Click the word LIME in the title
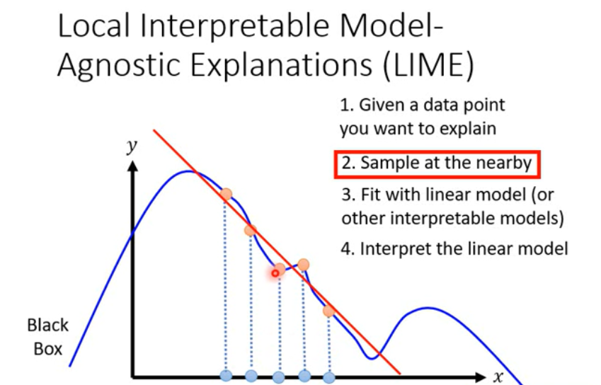[x=428, y=64]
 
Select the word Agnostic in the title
[x=119, y=65]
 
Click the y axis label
[x=132, y=146]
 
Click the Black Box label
[x=47, y=337]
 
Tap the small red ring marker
[x=275, y=273]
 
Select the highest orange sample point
[x=226, y=194]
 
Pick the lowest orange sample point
[x=329, y=311]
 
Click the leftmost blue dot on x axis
[x=226, y=375]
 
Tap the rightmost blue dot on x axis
[x=329, y=378]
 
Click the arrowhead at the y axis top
[x=132, y=166]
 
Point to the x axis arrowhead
[x=480, y=377]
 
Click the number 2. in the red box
[x=348, y=163]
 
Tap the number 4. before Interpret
[x=348, y=249]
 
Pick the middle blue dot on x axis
[x=279, y=377]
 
